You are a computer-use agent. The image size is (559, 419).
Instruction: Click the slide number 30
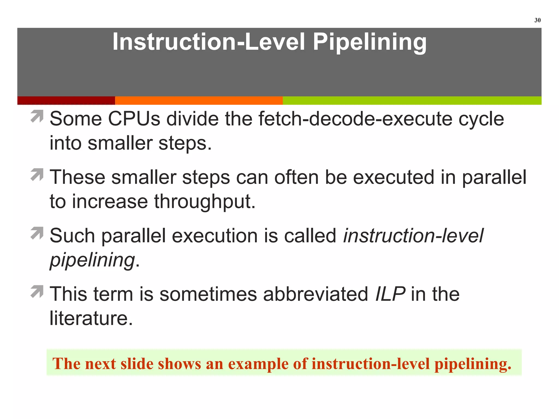click(537, 20)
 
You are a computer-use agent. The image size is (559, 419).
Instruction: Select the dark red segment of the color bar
click(66, 100)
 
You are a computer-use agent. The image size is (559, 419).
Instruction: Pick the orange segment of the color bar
click(199, 100)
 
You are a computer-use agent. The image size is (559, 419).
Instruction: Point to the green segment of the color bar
click(412, 100)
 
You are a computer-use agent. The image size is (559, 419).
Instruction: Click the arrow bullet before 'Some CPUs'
click(37, 116)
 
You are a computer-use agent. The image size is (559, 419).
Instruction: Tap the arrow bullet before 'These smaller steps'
click(37, 175)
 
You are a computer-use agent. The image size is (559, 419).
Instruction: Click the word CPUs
click(134, 119)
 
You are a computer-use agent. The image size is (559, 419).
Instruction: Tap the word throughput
click(205, 202)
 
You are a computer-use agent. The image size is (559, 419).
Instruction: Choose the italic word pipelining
click(92, 260)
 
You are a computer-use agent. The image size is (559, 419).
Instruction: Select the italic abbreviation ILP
click(390, 294)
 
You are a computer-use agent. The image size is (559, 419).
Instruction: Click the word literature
click(91, 318)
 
